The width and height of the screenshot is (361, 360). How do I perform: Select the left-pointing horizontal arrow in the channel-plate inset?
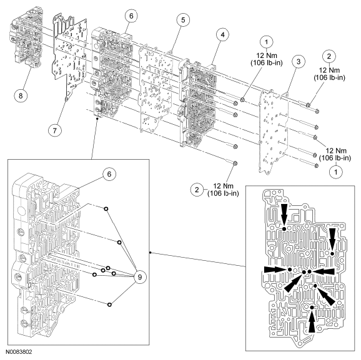click(x=324, y=271)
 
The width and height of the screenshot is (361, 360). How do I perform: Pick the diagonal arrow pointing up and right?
click(x=291, y=283)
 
